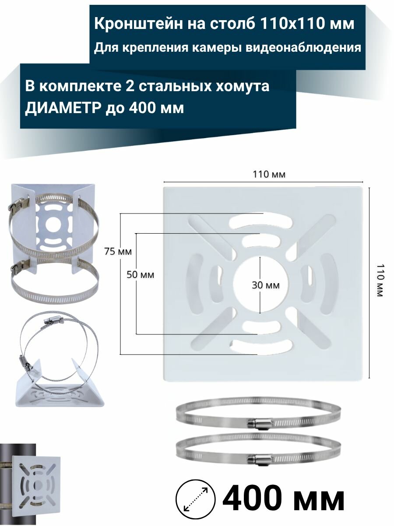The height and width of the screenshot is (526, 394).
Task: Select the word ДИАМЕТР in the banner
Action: (x=63, y=107)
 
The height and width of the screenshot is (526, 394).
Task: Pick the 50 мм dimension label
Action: (x=140, y=275)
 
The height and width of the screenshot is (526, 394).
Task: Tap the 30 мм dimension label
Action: (x=266, y=285)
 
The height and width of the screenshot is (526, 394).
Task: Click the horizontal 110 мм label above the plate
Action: (x=269, y=174)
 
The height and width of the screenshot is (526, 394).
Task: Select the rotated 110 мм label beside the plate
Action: (x=379, y=281)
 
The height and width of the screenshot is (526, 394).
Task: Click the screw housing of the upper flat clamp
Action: (x=261, y=423)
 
